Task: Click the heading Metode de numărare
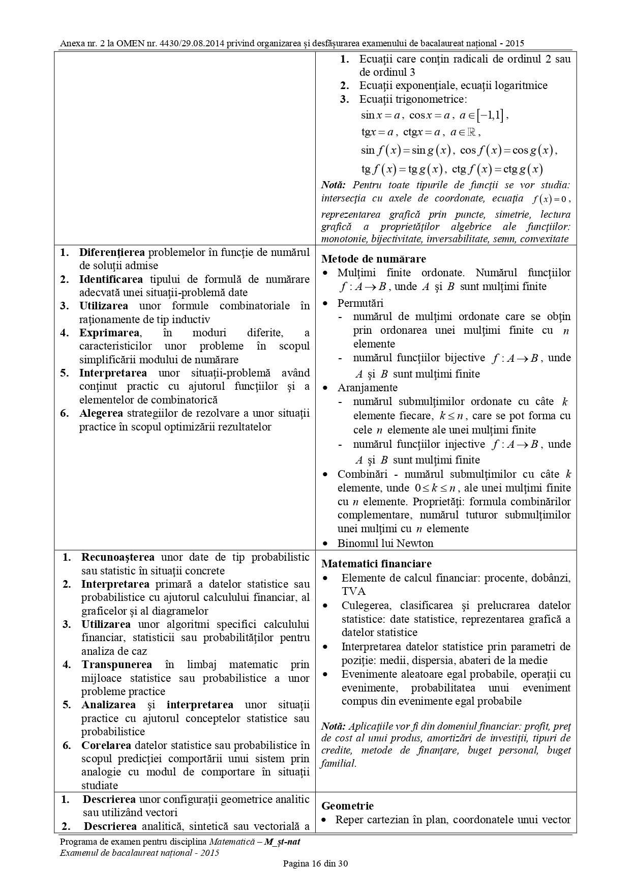point(374,259)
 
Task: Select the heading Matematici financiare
point(376,564)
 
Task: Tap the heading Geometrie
point(348,806)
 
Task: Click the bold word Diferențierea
point(112,252)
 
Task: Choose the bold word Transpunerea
point(116,665)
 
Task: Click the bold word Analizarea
point(108,705)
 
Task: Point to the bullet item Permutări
point(360,303)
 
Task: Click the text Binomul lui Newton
point(385,543)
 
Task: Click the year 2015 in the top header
point(514,44)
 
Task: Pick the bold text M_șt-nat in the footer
point(282,842)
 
